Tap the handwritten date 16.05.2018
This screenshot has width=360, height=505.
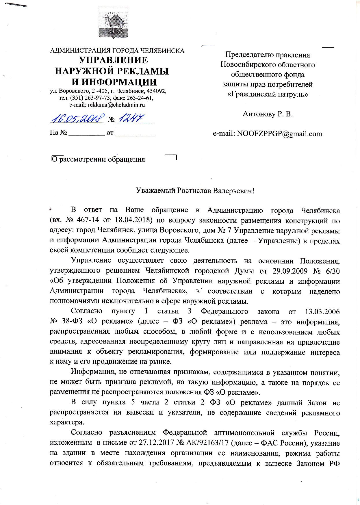pyautogui.click(x=77, y=118)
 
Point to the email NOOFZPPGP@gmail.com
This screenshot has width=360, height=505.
pyautogui.click(x=279, y=134)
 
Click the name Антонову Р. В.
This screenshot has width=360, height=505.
pyautogui.click(x=268, y=114)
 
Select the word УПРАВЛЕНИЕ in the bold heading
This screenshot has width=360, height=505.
pyautogui.click(x=114, y=60)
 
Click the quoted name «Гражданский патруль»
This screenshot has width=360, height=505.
pyautogui.click(x=268, y=94)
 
